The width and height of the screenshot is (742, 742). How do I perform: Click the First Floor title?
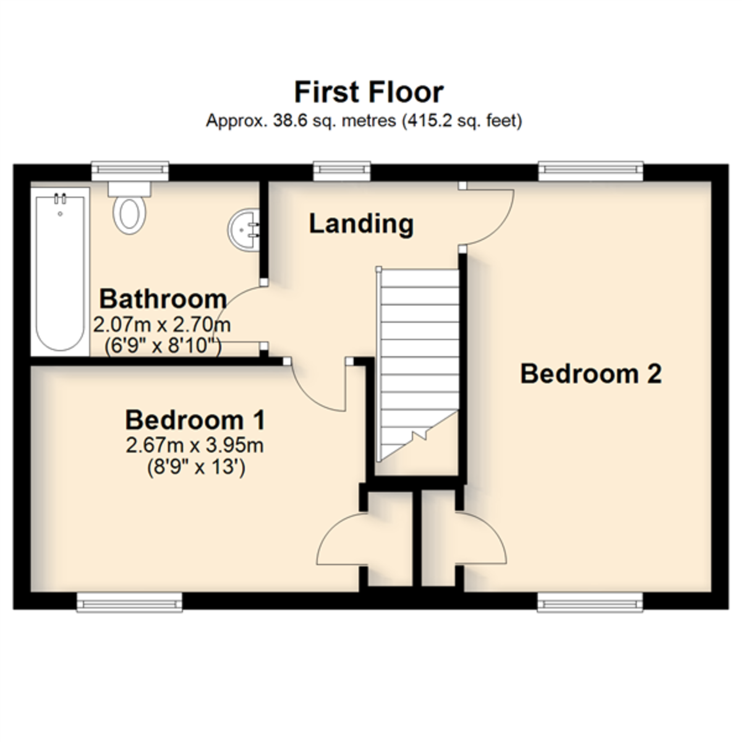(x=369, y=92)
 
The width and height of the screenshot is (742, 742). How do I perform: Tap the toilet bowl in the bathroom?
(x=129, y=215)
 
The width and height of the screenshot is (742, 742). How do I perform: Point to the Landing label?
(x=361, y=224)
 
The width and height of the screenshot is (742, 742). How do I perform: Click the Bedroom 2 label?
(x=591, y=373)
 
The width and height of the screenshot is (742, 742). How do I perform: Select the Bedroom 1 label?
(x=195, y=420)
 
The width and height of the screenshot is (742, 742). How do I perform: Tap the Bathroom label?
(x=163, y=299)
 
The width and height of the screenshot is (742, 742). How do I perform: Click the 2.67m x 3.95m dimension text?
(x=195, y=446)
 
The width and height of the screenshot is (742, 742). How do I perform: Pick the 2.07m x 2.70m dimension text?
(x=162, y=325)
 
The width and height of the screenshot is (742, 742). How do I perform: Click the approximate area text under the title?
(x=364, y=121)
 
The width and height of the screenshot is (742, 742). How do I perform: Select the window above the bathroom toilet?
(x=130, y=171)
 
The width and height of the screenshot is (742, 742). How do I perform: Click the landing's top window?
(x=342, y=171)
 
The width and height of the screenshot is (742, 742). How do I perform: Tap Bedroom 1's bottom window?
(x=129, y=602)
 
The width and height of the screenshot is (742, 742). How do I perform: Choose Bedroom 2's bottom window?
(x=590, y=602)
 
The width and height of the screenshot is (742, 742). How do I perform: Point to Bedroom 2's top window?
(x=591, y=171)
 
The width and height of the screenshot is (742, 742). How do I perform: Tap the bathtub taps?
(x=60, y=199)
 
